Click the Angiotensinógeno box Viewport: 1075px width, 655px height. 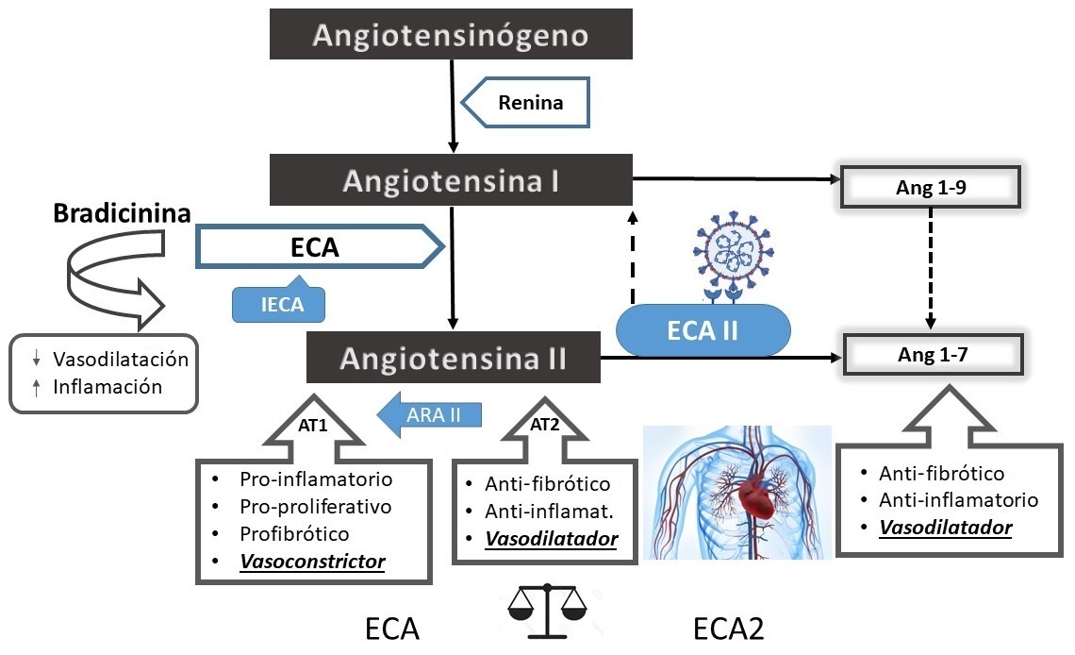pyautogui.click(x=451, y=36)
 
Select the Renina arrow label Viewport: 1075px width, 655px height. pyautogui.click(x=531, y=102)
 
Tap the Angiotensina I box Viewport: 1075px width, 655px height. pyautogui.click(x=451, y=180)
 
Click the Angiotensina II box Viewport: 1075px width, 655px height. pyautogui.click(x=454, y=358)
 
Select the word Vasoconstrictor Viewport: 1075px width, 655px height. pyautogui.click(x=312, y=562)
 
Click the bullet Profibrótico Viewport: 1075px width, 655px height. pyautogui.click(x=294, y=534)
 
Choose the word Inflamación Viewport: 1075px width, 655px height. pyautogui.click(x=107, y=386)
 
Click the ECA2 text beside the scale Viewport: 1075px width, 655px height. pyautogui.click(x=735, y=630)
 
